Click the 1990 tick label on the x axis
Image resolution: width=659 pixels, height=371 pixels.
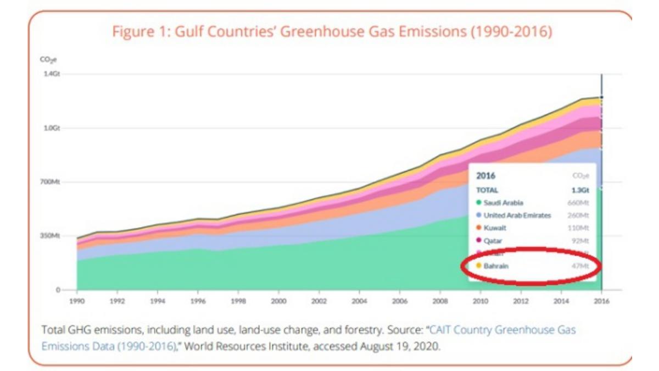point(77,301)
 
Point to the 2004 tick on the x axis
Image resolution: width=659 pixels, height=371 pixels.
point(359,301)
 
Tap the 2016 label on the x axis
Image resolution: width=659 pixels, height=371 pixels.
point(602,301)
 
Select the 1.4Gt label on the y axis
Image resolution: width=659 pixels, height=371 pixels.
point(52,74)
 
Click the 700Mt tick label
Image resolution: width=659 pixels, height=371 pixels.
point(51,182)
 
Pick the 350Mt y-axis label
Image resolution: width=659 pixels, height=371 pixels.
point(51,236)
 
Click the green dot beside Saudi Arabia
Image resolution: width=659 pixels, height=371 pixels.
point(478,203)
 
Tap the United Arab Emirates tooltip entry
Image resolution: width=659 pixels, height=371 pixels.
point(517,215)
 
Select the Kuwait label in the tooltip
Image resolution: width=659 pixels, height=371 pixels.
point(495,228)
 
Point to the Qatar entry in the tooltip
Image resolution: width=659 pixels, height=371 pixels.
point(493,241)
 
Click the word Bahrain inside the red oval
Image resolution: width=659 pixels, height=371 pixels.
point(496,266)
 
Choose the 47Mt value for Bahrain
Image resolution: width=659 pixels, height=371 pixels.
point(580,266)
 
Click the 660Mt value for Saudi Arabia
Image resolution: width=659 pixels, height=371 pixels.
point(578,203)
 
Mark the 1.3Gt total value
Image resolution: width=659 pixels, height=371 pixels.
point(580,190)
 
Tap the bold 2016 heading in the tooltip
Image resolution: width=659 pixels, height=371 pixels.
point(485,176)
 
